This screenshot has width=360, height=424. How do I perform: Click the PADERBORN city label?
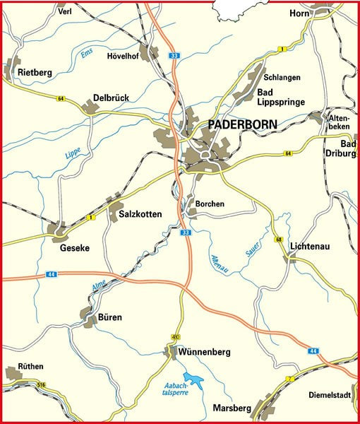point(243,124)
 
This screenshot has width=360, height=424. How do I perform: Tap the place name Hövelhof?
point(125,56)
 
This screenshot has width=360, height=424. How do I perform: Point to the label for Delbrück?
point(111,98)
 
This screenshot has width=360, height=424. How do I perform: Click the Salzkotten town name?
point(140,214)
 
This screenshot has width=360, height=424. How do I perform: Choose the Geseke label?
point(70,248)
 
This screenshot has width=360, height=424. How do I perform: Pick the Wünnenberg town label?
point(205,351)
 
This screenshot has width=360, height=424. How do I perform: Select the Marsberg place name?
point(232,408)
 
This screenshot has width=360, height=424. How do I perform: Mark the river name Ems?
point(86,52)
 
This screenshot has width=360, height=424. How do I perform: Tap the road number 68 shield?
point(279,240)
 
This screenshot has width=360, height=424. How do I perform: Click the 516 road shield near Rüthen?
point(41,384)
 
